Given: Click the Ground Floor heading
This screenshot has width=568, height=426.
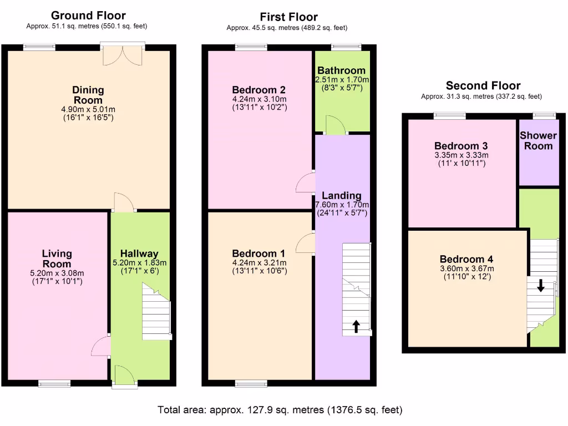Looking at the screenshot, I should pyautogui.click(x=88, y=16).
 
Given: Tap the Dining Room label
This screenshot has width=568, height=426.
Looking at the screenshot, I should pyautogui.click(x=88, y=95).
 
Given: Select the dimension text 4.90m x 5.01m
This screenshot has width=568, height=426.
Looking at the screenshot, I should pyautogui.click(x=88, y=109).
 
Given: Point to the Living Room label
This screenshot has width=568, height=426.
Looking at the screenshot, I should pyautogui.click(x=57, y=258).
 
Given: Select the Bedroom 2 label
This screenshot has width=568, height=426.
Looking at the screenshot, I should pyautogui.click(x=259, y=90).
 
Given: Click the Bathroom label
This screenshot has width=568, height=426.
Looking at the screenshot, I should pyautogui.click(x=341, y=70).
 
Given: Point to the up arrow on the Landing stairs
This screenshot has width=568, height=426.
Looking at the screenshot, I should pyautogui.click(x=356, y=326).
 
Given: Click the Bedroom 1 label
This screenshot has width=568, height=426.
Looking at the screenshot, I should pyautogui.click(x=259, y=254).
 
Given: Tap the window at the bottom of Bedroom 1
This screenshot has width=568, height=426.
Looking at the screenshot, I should pyautogui.click(x=251, y=383).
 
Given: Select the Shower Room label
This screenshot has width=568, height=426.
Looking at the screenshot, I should pyautogui.click(x=538, y=141).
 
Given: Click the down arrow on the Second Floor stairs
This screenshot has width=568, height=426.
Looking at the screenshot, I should pyautogui.click(x=541, y=286).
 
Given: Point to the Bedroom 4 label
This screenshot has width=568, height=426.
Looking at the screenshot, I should pyautogui.click(x=466, y=259).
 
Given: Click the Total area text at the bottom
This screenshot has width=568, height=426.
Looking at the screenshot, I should pyautogui.click(x=280, y=410).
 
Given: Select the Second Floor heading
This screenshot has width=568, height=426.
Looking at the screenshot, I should pyautogui.click(x=483, y=85).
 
